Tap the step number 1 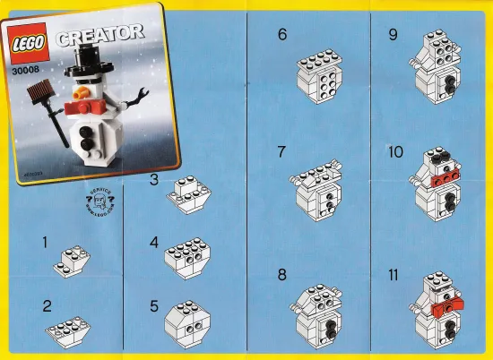coord(45,242)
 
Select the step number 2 coord(47,305)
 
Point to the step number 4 coord(155,243)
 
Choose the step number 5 coord(154,305)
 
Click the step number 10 coord(396,153)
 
